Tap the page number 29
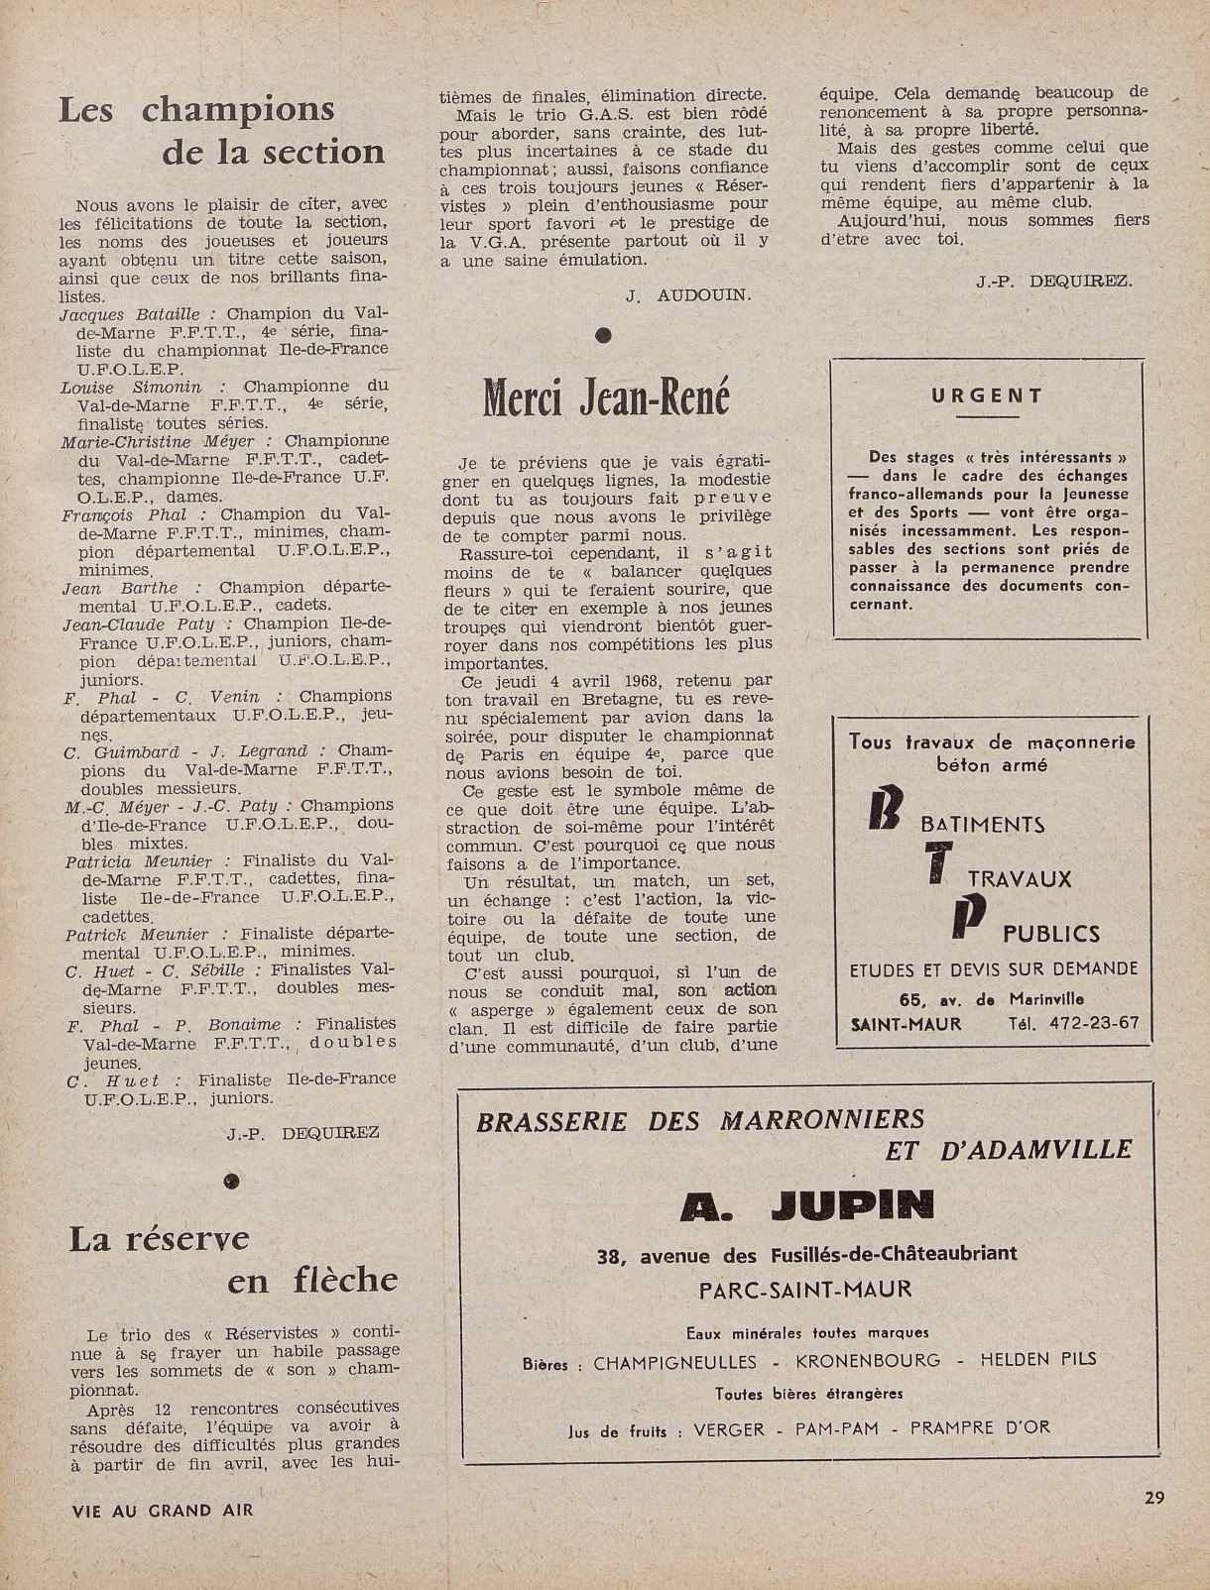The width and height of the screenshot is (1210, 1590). point(1153,1498)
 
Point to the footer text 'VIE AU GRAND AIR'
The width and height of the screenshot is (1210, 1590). point(163,1511)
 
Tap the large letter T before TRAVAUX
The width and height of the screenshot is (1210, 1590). point(933,864)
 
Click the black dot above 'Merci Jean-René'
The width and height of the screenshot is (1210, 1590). point(602,336)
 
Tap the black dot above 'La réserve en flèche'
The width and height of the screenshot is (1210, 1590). point(232,1180)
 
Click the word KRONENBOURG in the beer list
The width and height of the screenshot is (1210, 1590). point(868,1361)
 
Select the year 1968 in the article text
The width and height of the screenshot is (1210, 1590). point(650,681)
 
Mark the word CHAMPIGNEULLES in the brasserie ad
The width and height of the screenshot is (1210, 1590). point(674,1362)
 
